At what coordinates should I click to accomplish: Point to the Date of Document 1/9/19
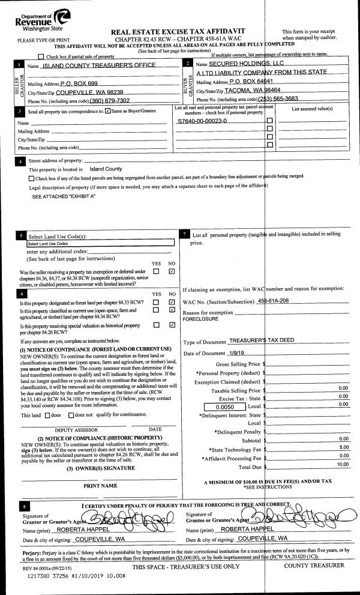click(x=238, y=352)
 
